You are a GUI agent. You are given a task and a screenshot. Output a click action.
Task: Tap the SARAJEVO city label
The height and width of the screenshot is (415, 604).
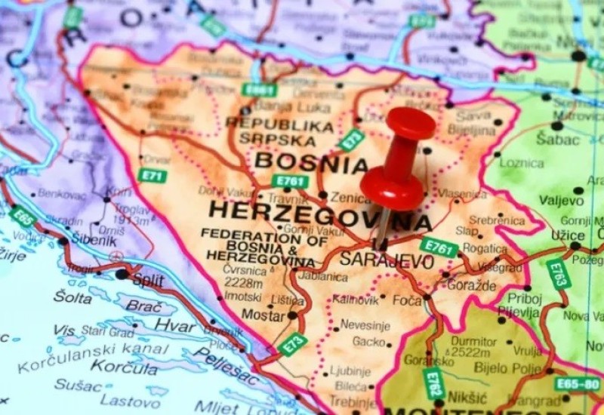(x=387, y=261)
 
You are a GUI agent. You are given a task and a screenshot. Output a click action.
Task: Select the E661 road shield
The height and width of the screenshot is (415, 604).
(x=259, y=90)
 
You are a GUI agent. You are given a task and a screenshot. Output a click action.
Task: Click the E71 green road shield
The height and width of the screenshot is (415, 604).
(x=152, y=176)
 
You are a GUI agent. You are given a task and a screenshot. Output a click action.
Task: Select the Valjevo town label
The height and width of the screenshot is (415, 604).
(x=562, y=201)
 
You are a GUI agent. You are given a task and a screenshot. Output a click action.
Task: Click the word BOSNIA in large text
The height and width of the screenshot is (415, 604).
(x=311, y=161)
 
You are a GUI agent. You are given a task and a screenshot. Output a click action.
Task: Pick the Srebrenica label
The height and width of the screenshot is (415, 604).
(x=496, y=220)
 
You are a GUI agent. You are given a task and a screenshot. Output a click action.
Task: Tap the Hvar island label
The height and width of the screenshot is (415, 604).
(x=175, y=325)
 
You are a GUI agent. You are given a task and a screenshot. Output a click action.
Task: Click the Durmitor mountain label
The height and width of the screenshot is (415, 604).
(x=474, y=340)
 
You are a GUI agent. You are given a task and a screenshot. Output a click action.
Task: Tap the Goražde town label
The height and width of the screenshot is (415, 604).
(x=472, y=285)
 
